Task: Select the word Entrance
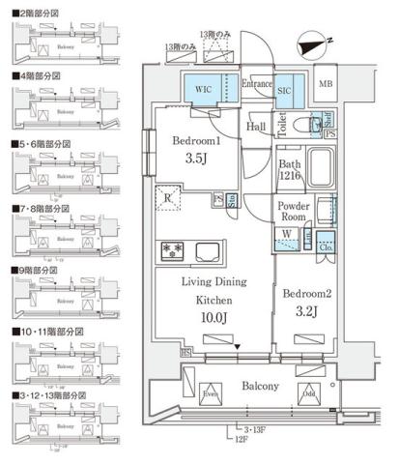click(256, 84)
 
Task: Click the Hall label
click(256, 127)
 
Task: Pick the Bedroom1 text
click(196, 141)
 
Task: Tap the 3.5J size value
click(196, 159)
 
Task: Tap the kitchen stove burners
click(172, 250)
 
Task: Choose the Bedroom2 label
click(306, 294)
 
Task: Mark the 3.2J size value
click(306, 312)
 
